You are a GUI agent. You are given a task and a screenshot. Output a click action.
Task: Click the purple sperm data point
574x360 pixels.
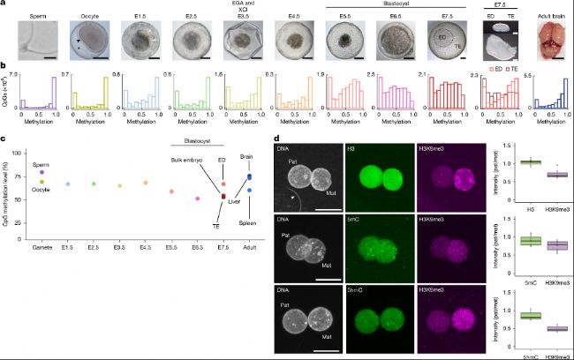[42, 172]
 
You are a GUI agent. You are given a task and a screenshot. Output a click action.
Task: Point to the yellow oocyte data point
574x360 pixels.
[42, 181]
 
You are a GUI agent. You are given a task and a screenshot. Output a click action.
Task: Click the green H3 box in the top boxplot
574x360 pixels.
[507, 162]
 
